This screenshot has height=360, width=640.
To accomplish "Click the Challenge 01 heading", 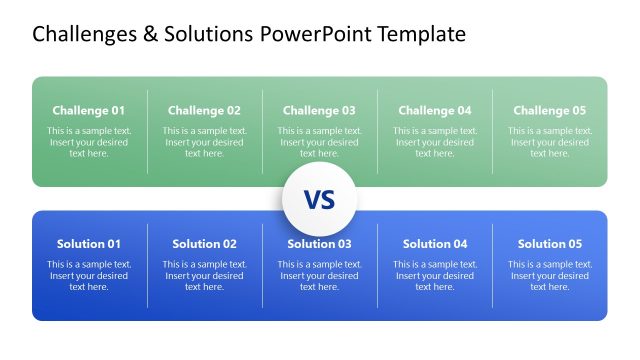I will [x=89, y=111].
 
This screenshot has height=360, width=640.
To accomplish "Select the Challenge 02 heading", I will [x=204, y=111].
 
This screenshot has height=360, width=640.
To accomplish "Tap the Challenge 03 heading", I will [x=319, y=111].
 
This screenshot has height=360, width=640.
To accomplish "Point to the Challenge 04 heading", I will [x=435, y=111].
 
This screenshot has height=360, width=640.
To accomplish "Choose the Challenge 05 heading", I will [x=550, y=111].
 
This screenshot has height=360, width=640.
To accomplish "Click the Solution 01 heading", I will [x=89, y=244].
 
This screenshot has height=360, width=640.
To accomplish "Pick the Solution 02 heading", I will [x=204, y=244].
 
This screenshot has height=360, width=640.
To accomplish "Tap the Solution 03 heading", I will [x=319, y=244].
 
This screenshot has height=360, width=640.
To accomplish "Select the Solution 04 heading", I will [x=435, y=244].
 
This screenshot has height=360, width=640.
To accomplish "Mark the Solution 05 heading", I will [x=550, y=244].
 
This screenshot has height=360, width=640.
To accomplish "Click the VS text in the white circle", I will [x=319, y=200].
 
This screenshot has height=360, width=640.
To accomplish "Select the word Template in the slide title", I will [x=418, y=35].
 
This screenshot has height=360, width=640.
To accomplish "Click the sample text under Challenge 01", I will [x=89, y=142].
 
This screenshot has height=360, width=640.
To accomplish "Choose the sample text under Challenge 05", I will [x=550, y=142].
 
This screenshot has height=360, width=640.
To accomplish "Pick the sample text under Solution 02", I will [x=204, y=275].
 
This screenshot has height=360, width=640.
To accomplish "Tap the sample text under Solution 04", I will [x=435, y=275].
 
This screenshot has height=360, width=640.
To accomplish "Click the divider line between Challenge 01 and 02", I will [x=148, y=131].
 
